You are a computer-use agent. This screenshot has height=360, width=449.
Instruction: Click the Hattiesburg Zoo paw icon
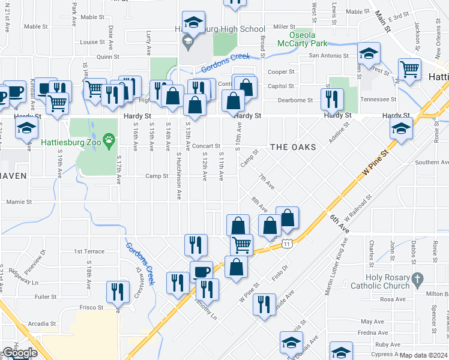point(109,142)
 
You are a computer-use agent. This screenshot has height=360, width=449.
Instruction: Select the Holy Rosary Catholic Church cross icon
point(417,278)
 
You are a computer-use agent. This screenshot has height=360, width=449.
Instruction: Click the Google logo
point(19,353)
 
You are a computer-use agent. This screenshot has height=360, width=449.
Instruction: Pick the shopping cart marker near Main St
point(409,69)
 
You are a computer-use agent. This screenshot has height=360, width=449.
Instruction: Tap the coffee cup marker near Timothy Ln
point(201,272)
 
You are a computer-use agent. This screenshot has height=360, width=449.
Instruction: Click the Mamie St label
point(19,202)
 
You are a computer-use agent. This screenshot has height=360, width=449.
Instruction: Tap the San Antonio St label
point(329,56)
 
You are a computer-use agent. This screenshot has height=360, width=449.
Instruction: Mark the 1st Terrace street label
point(89,251)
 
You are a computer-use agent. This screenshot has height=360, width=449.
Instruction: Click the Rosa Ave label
point(393,299)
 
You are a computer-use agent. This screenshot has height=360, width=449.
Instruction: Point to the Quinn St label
point(108,57)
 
